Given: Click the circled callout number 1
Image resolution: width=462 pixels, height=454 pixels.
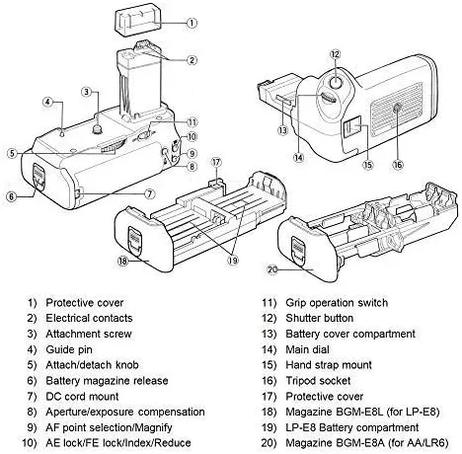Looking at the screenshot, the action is pos(192,23).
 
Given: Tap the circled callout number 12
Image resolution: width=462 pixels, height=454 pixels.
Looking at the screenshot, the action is pos(335,54).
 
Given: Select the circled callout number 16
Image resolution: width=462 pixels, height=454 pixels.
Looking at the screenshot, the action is pos(398,164).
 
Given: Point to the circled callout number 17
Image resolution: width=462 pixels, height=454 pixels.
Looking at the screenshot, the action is pos(216,162).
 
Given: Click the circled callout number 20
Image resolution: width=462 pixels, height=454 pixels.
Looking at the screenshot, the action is pos(272,269).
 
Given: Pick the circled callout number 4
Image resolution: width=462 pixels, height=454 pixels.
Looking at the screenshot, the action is pos(48,102).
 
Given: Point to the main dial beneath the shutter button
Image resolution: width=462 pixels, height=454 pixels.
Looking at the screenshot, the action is pos(329,98).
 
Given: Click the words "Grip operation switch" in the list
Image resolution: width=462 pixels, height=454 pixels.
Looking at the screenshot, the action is pos(337,303).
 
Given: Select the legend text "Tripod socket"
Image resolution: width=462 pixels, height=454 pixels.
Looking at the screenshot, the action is pos(318,381).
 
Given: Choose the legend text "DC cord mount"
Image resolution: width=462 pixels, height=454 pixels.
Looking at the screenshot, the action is pos(82,396).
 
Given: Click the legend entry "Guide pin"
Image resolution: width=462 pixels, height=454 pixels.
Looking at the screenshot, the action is pos(69,349).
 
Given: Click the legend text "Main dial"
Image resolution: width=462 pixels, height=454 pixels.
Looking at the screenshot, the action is pos(307,349).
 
